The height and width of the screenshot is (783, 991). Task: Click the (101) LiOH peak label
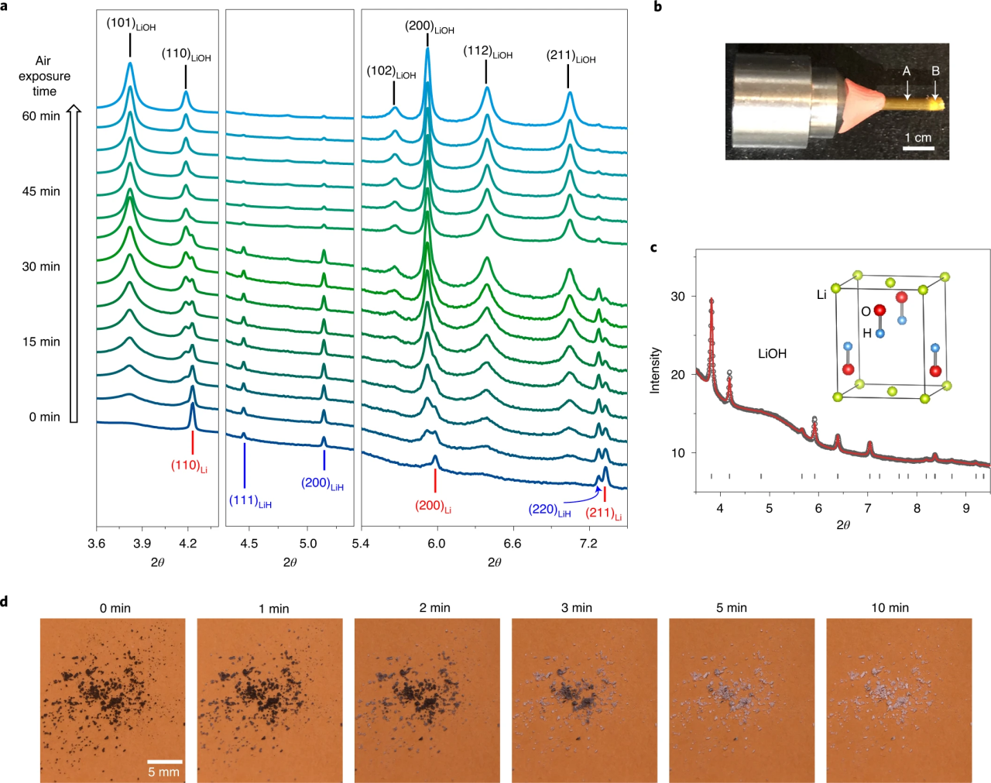(131, 24)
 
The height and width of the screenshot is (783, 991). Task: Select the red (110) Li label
(189, 465)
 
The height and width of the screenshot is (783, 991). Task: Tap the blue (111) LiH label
(250, 501)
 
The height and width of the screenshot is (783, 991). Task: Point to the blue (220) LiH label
(549, 510)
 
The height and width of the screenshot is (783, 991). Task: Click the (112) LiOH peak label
(488, 52)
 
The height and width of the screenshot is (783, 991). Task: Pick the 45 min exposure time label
(40, 191)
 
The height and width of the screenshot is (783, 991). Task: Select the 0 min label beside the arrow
(44, 417)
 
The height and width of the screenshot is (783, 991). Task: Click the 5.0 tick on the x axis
(308, 544)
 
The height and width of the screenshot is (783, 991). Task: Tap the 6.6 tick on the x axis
(513, 544)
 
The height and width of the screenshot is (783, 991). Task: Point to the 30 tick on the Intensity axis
(677, 297)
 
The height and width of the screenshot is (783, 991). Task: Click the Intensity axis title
(655, 370)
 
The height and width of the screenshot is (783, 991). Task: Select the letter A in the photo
(907, 71)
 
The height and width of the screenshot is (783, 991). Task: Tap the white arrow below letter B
(935, 91)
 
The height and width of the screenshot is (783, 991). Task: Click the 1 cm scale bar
(918, 147)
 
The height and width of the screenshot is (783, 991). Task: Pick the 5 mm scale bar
(164, 762)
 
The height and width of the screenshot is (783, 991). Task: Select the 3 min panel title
(576, 608)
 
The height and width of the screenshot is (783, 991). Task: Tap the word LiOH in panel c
(772, 354)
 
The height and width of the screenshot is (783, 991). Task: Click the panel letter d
(5, 601)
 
